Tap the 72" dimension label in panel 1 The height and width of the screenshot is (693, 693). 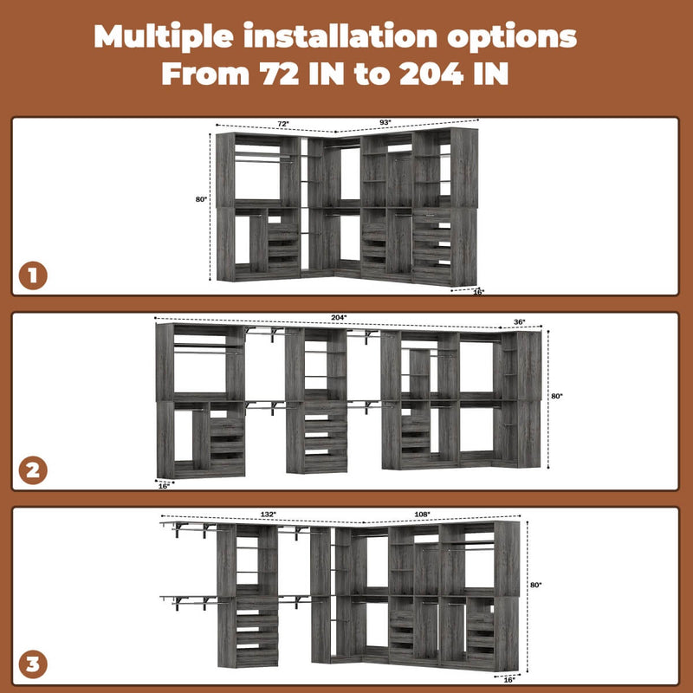click(x=283, y=124)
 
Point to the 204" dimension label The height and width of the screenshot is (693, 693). click(x=339, y=318)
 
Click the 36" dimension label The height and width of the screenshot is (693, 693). click(x=520, y=322)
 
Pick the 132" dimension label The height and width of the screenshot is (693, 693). click(x=268, y=515)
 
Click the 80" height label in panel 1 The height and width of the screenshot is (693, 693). click(x=201, y=199)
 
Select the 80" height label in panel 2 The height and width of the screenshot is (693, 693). click(x=557, y=396)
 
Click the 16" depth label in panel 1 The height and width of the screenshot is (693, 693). click(x=478, y=292)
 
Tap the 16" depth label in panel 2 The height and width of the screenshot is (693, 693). click(x=165, y=486)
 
